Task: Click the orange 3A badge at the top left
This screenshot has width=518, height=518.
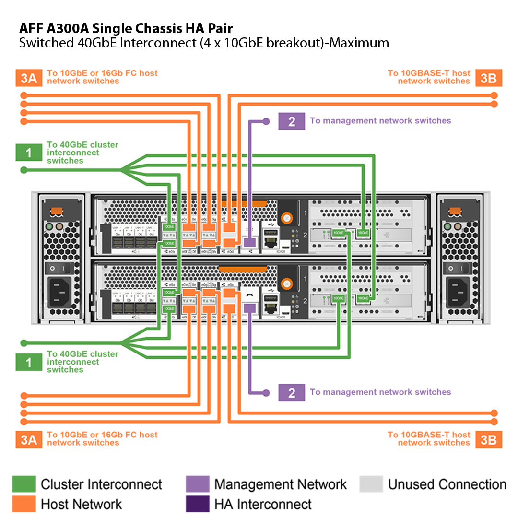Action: click(x=28, y=78)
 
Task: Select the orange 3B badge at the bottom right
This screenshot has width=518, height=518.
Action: click(x=488, y=439)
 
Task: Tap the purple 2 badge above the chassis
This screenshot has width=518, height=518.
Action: click(x=292, y=121)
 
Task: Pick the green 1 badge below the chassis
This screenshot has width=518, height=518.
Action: click(x=28, y=362)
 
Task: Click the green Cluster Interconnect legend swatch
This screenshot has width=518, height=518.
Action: click(x=24, y=484)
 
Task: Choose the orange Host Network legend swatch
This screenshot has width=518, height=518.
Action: click(x=24, y=504)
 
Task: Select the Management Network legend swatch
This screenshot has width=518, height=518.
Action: click(x=198, y=484)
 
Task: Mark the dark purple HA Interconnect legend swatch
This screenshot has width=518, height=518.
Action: click(x=198, y=504)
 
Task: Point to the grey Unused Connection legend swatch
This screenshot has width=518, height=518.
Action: click(x=371, y=484)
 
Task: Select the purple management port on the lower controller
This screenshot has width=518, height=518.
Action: click(x=249, y=309)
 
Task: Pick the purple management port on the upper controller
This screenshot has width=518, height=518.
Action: click(x=249, y=243)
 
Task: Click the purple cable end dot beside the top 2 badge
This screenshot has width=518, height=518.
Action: click(x=266, y=121)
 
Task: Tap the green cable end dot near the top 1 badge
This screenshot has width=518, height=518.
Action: click(x=24, y=170)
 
